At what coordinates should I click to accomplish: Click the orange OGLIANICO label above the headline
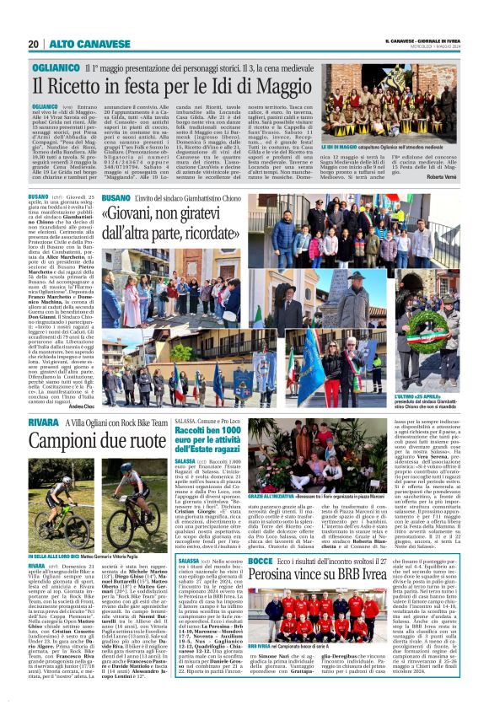click(56, 64)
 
